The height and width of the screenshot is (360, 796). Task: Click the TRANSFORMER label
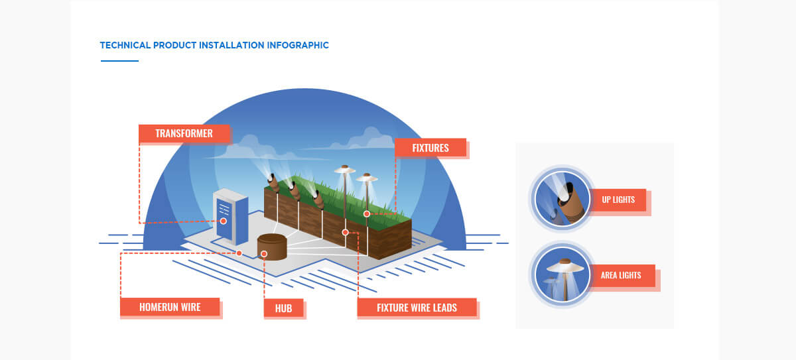pos(184,133)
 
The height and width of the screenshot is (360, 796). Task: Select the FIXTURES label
pos(431,148)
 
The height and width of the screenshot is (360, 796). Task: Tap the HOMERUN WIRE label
pos(170,307)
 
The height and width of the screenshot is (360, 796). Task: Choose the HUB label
pos(283,308)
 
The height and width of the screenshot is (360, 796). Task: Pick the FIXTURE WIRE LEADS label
pos(417,308)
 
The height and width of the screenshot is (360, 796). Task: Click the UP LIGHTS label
pos(618,200)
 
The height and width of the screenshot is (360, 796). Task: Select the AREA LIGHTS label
pos(621,275)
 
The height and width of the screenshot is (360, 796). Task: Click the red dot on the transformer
pos(224,221)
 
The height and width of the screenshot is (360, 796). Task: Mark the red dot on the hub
pos(264,254)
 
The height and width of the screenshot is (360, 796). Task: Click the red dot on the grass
pos(366,213)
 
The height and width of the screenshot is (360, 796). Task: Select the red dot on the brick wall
pos(345,232)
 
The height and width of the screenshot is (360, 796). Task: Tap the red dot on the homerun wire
pos(239,253)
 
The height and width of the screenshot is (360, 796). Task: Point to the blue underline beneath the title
pos(119,61)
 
